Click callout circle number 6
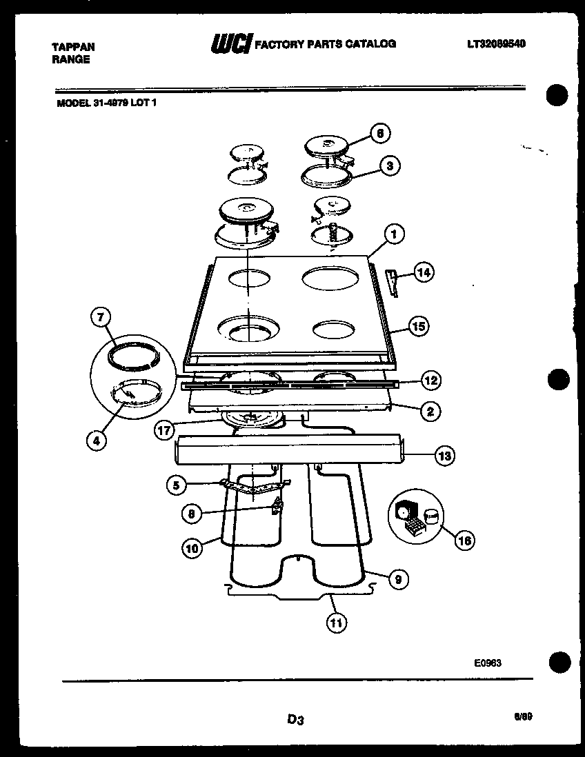tap(380, 133)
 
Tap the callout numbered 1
tap(394, 234)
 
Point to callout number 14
tap(423, 273)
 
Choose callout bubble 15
tap(419, 326)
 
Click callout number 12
tap(430, 380)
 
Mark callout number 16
tap(464, 541)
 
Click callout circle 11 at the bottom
tap(335, 623)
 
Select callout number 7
tap(101, 318)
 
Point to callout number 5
tap(176, 485)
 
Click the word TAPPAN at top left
tap(73, 47)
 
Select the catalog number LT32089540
tap(496, 43)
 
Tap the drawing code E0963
tap(486, 663)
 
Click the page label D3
tap(295, 720)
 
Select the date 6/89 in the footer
tap(523, 717)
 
